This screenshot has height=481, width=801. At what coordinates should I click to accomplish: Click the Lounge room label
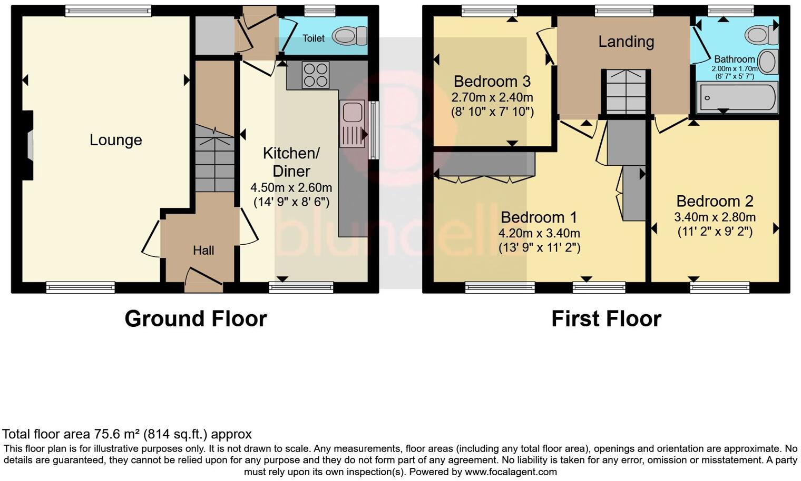116,140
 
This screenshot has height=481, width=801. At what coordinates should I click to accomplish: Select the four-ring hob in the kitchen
315,75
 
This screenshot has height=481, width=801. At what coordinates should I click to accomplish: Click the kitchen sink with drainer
351,124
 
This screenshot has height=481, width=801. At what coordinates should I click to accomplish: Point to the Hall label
203,250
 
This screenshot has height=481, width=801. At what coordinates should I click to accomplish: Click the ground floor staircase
214,158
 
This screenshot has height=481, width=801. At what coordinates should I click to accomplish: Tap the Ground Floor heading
196,319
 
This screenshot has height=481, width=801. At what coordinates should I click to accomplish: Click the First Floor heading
606,319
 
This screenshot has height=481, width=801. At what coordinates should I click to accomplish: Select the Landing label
626,42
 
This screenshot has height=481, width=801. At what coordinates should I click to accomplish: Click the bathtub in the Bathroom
737,98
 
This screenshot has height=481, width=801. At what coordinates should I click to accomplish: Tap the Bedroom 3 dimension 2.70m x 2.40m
492,97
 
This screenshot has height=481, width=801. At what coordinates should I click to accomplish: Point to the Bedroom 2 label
715,201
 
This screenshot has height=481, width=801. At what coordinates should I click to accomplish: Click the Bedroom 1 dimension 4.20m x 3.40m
539,233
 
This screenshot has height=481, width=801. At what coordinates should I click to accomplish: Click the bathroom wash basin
769,62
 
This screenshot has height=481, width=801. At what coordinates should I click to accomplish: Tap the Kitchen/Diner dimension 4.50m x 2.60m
291,188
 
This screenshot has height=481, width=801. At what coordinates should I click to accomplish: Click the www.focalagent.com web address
511,472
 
